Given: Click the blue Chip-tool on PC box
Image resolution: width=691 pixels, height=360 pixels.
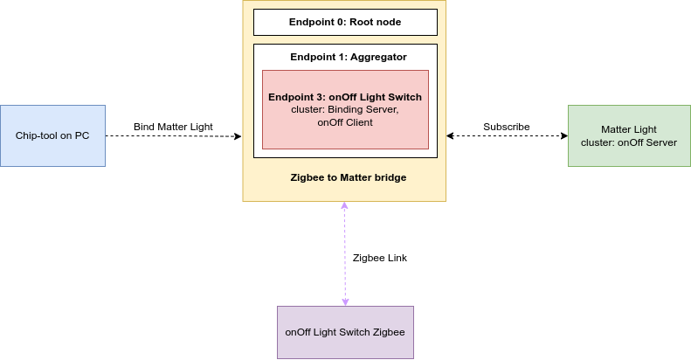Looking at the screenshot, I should [x=52, y=135].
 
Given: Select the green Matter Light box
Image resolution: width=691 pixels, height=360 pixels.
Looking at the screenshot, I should [x=628, y=135].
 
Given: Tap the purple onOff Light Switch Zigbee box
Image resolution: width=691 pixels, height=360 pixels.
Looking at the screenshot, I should [x=344, y=332].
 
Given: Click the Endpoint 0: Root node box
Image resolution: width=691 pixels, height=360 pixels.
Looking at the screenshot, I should [x=344, y=22].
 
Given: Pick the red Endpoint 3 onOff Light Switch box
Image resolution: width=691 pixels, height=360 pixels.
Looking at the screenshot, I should [x=344, y=109].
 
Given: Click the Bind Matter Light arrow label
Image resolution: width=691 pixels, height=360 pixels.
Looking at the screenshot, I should [x=173, y=128].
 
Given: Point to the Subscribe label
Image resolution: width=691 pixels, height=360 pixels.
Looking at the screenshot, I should [x=506, y=128].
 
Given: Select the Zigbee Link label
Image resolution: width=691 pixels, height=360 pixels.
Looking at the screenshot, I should [x=379, y=259].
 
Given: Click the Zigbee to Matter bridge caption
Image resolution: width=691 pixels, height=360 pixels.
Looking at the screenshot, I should [x=348, y=177].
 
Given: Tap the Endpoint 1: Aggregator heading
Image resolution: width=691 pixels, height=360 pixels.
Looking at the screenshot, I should [x=348, y=57].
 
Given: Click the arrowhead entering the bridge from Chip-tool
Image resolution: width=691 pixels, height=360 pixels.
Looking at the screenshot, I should [x=237, y=136].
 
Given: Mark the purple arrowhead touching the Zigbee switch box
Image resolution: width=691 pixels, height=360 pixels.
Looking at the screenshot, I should [x=345, y=301].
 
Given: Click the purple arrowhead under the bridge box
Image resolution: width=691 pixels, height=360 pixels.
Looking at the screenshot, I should [x=345, y=206].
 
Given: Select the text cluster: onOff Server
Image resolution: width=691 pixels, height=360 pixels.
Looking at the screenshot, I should [x=628, y=142].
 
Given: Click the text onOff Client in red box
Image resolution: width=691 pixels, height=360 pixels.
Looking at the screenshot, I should [x=344, y=123].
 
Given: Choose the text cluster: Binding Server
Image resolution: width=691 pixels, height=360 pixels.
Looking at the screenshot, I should [x=344, y=110].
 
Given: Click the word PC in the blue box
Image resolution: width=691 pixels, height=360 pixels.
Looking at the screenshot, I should [x=81, y=135].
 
